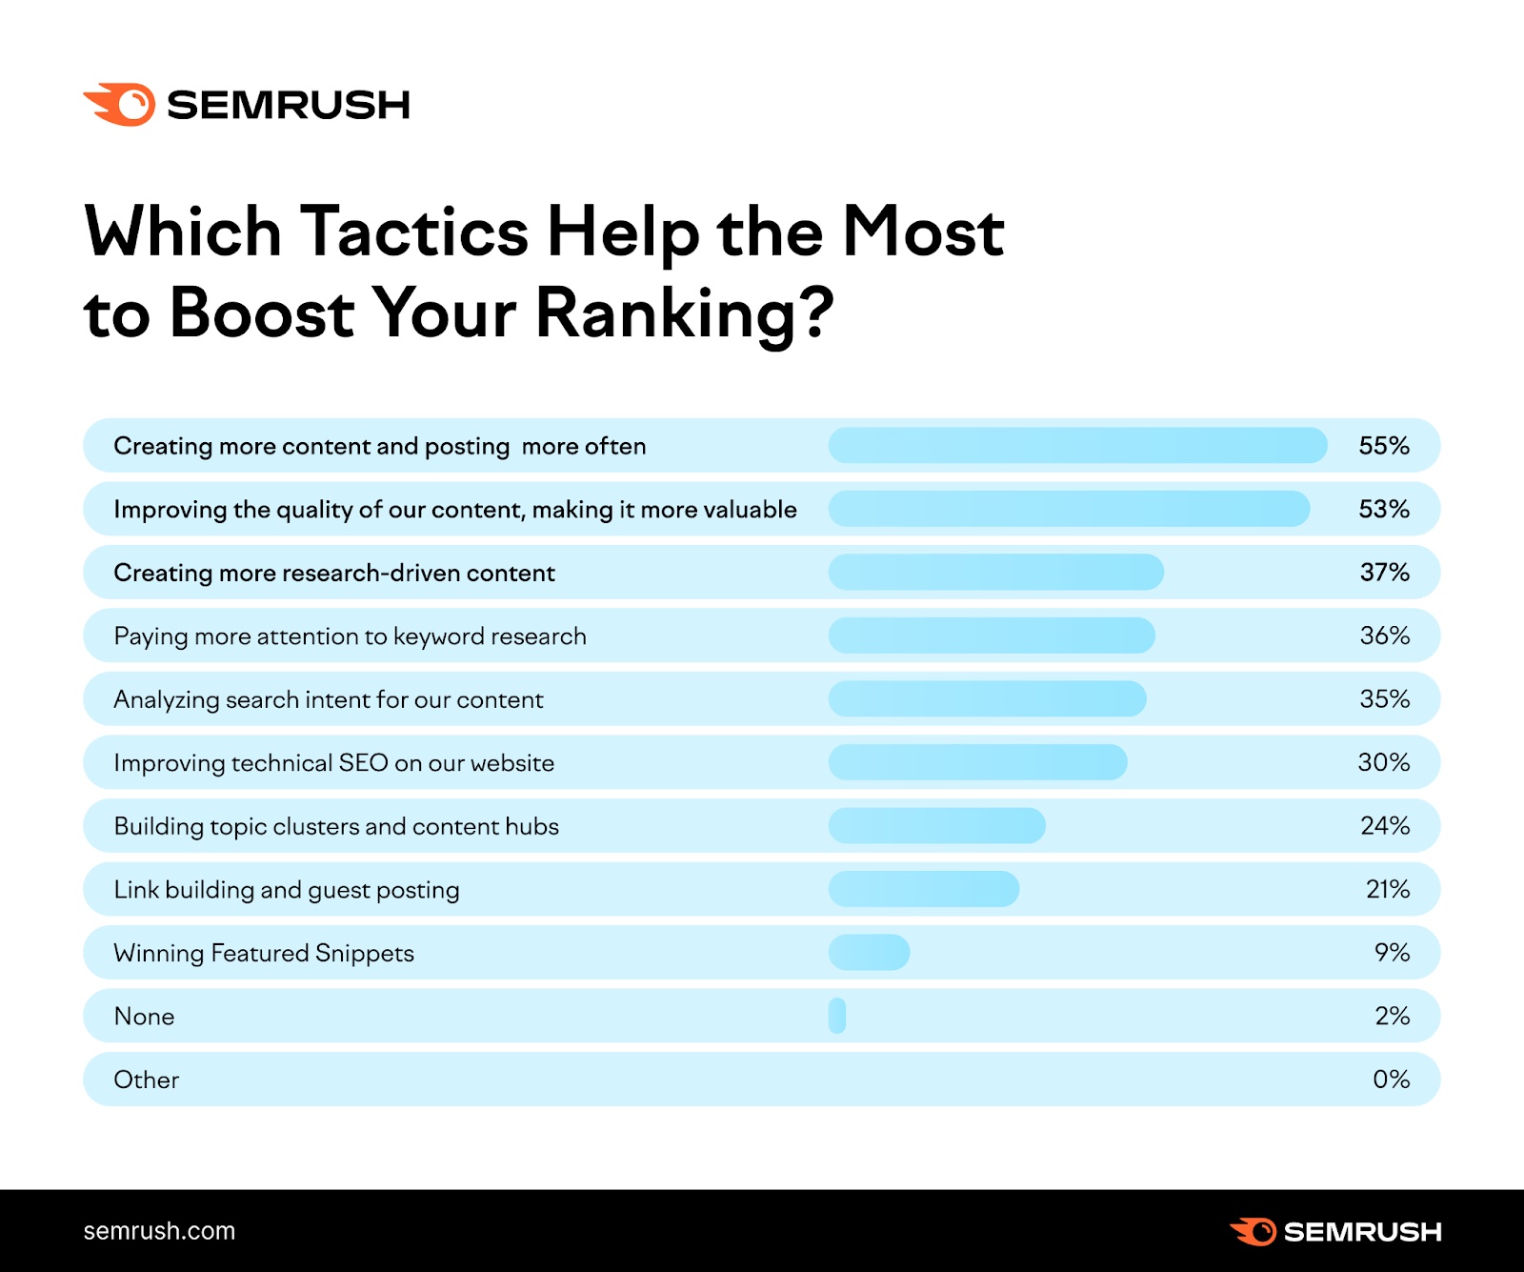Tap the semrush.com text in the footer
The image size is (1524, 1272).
coord(159,1231)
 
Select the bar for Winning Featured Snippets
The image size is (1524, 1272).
coord(869,953)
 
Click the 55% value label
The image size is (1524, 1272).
coord(1383,446)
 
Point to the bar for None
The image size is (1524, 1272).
coord(837,1016)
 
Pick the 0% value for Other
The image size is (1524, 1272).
coord(1391,1080)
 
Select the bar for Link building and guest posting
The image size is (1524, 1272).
coord(923,889)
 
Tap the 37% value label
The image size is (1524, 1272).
coord(1384,573)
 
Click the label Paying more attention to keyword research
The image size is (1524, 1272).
coord(350,636)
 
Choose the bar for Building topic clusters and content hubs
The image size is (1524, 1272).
coord(936,826)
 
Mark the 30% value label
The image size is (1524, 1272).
coord(1383,762)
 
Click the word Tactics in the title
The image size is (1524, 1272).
coord(414,232)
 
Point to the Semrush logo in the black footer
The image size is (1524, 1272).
coord(1335,1231)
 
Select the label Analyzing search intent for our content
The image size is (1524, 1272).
coord(328,699)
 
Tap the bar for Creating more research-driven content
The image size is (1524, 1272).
coord(995,573)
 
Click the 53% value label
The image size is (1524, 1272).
coord(1383,509)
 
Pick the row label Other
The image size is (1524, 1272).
coord(146,1080)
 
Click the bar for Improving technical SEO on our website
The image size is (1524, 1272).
coord(977,762)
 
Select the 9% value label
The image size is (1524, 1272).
coord(1392,953)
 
